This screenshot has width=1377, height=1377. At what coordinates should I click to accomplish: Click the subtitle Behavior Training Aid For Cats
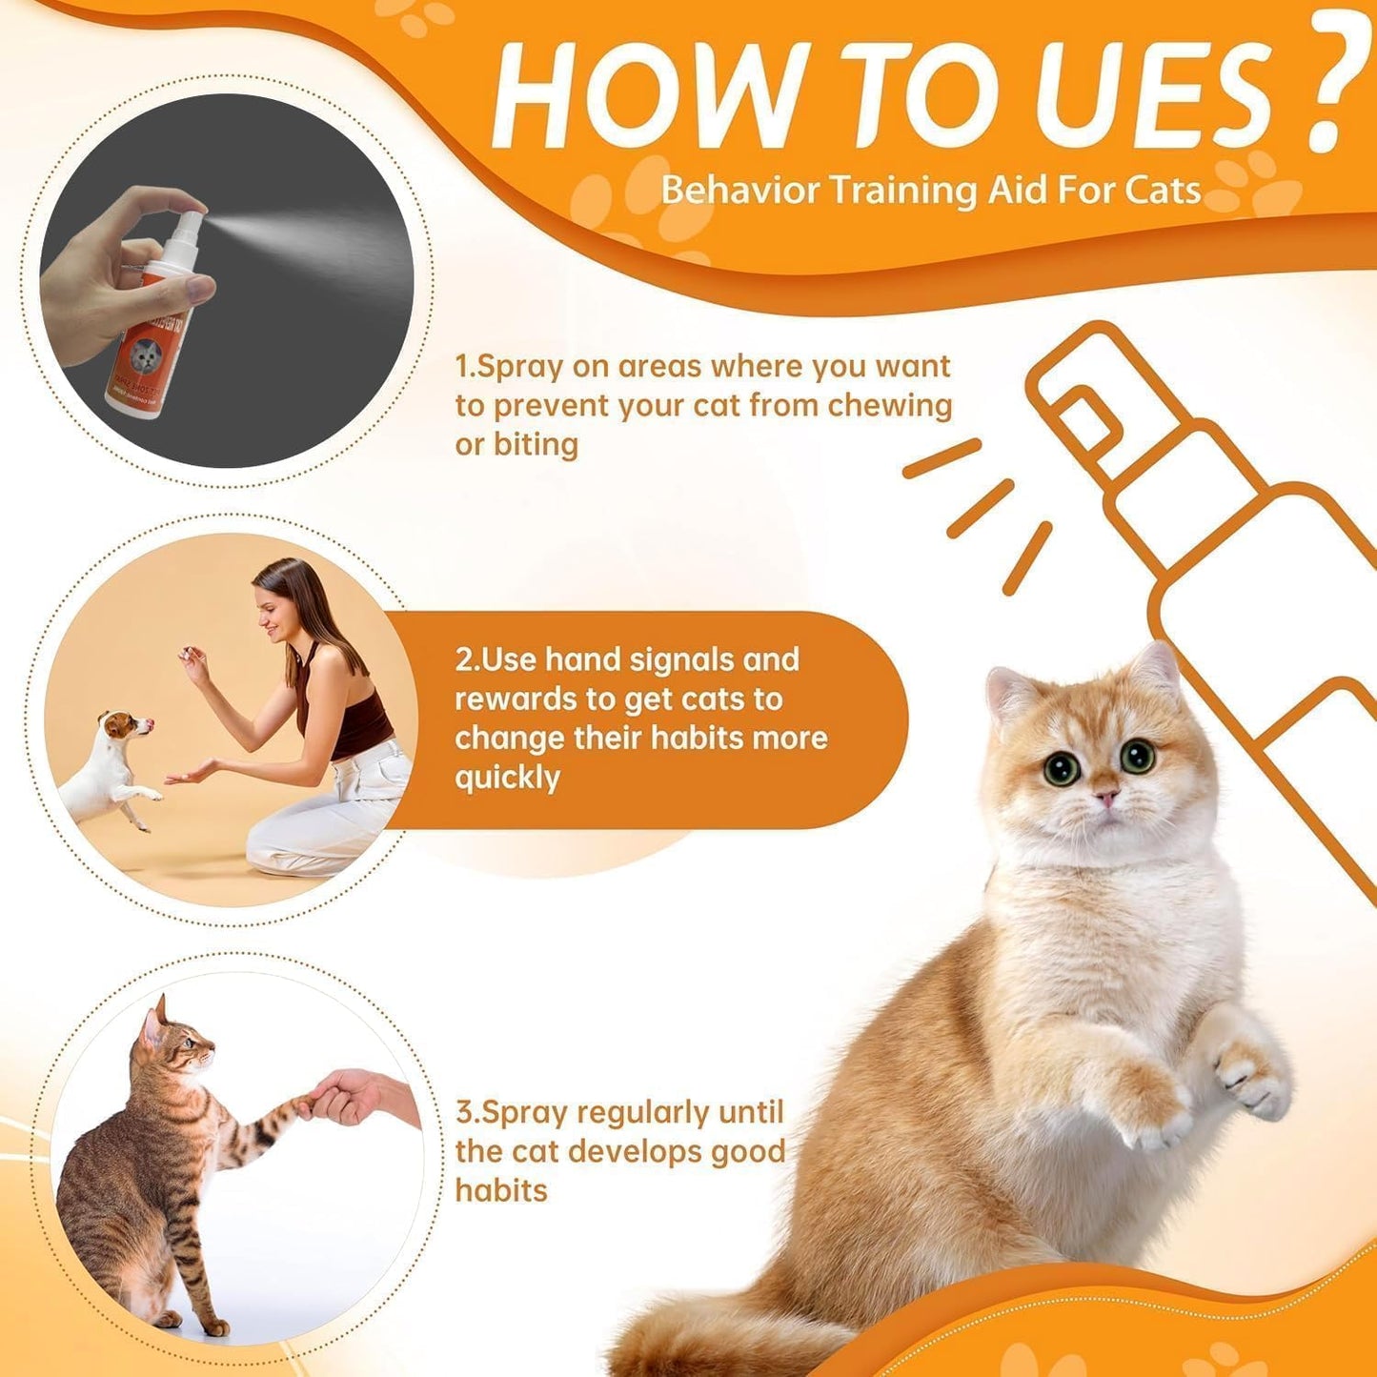pos(930,191)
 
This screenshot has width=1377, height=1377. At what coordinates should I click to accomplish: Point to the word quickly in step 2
pos(507,778)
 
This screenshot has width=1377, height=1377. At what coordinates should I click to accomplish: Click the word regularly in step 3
pos(643,1112)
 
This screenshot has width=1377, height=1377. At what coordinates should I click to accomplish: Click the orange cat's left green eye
pos(1061,768)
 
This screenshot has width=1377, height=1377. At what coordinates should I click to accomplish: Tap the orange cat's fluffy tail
pos(705,1334)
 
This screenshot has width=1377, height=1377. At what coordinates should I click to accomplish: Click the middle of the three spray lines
pos(980,509)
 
